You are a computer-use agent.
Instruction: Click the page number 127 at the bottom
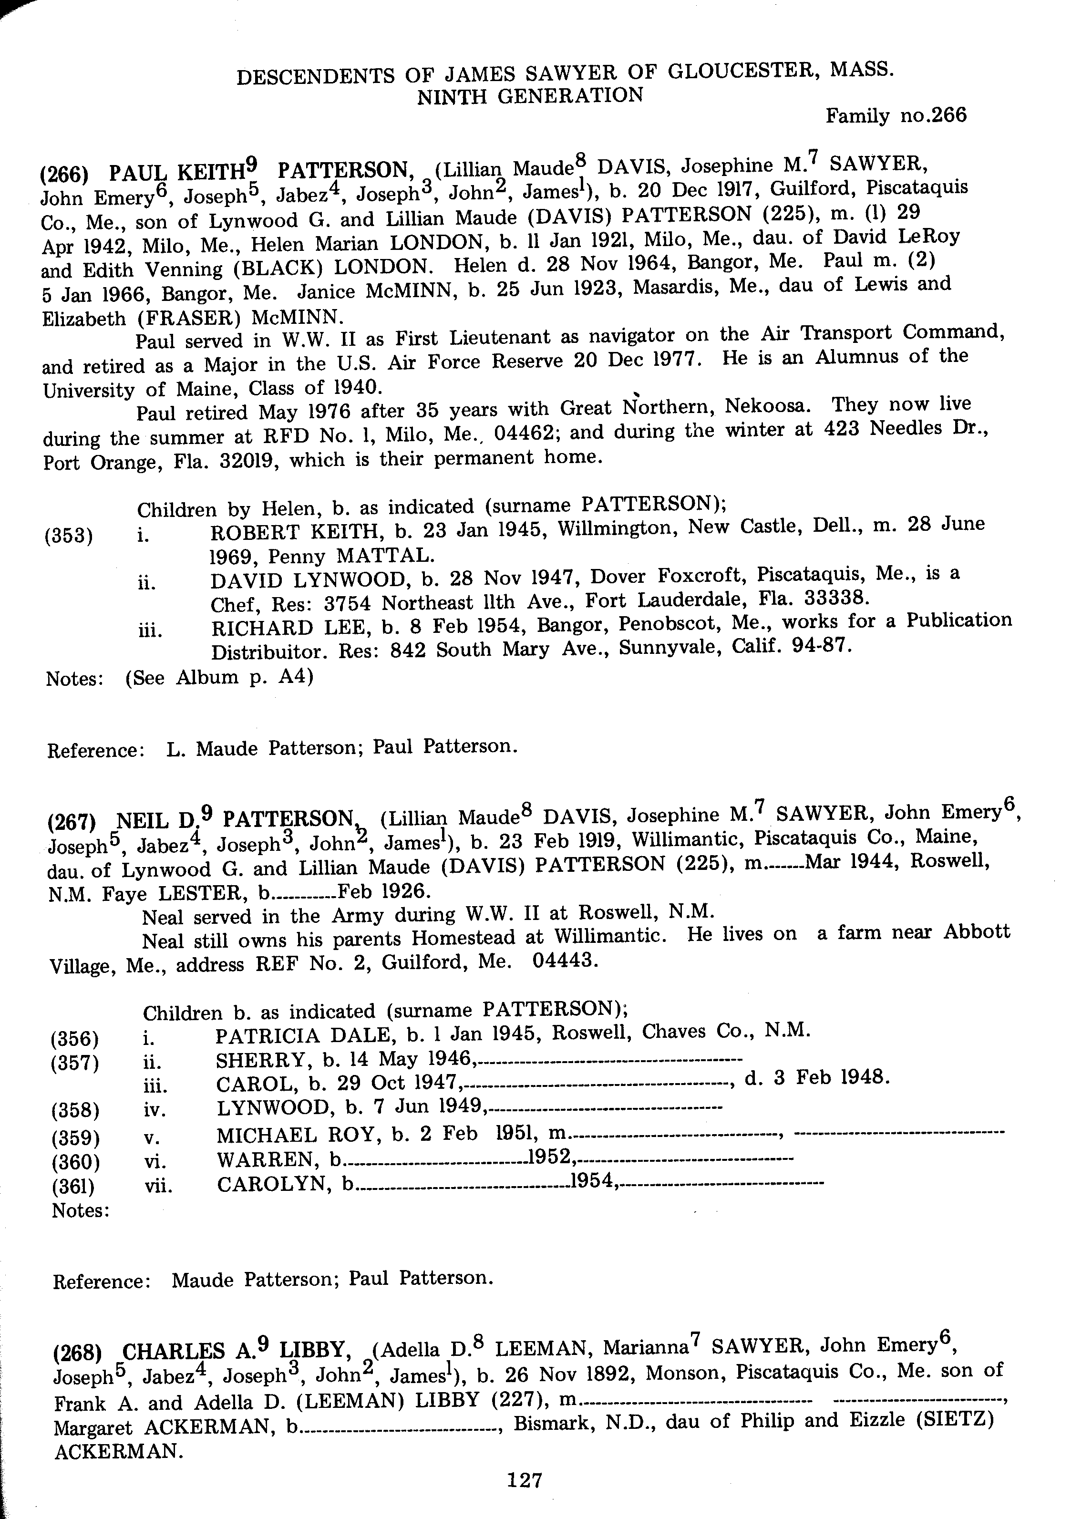point(524,1479)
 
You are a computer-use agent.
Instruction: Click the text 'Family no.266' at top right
point(896,116)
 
